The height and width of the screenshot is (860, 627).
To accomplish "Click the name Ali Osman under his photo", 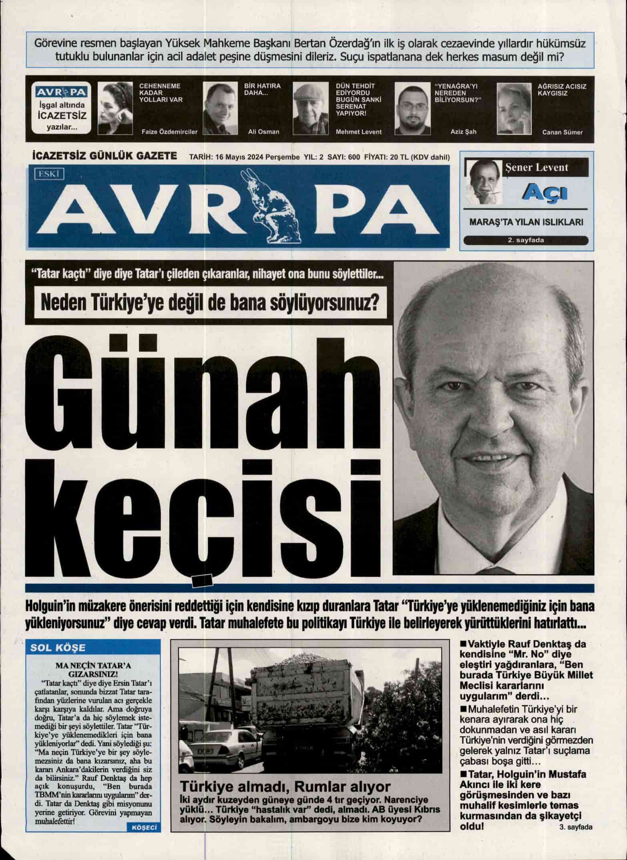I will (x=263, y=132).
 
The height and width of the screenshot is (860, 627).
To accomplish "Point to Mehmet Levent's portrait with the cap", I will (x=311, y=109).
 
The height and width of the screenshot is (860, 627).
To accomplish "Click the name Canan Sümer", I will (x=562, y=132).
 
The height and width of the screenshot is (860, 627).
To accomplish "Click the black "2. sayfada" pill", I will (x=525, y=241).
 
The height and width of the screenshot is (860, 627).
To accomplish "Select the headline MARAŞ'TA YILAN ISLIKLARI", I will (x=525, y=222).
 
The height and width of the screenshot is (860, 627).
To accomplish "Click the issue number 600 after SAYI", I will (x=354, y=157).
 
